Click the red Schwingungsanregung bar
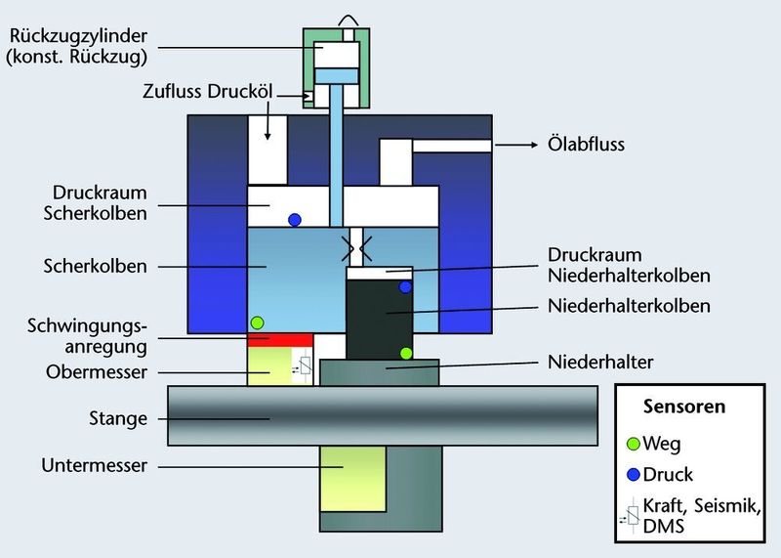(x=278, y=340)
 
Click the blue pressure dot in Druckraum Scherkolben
(x=294, y=218)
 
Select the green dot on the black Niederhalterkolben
(x=405, y=352)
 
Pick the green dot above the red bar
(x=258, y=322)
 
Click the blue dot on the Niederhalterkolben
(x=405, y=287)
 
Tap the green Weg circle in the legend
(x=634, y=443)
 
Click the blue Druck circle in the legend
(x=634, y=475)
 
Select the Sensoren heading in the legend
(x=684, y=406)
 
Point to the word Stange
(x=118, y=419)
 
